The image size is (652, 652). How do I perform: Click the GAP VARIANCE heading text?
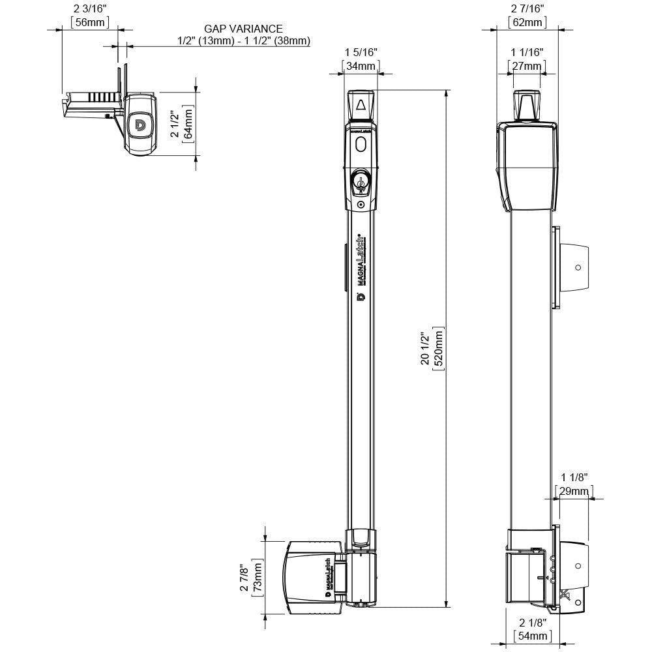click(x=243, y=29)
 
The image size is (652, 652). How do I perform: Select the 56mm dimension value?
click(x=90, y=22)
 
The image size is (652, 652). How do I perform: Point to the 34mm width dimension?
click(x=360, y=66)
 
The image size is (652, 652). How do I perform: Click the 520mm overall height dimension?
click(x=438, y=350)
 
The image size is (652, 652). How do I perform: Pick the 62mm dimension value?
click(x=527, y=23)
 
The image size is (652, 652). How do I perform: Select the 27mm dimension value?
click(x=527, y=66)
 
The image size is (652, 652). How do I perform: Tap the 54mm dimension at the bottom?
click(x=534, y=635)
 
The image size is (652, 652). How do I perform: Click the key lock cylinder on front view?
click(x=360, y=181)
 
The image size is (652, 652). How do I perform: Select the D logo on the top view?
click(x=140, y=125)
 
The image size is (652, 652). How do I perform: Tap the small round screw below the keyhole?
click(x=361, y=204)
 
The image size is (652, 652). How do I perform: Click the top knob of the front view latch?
click(x=361, y=104)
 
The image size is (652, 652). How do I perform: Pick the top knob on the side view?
click(x=527, y=104)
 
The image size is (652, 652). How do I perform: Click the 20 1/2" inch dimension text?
click(x=425, y=350)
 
